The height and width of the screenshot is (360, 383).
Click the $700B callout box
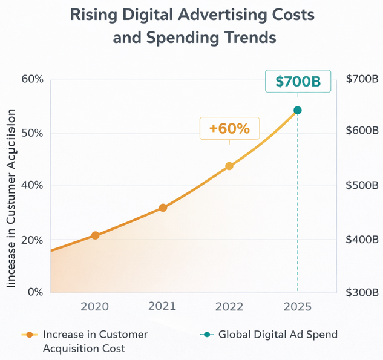click(x=298, y=81)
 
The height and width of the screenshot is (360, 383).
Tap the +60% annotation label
click(x=229, y=129)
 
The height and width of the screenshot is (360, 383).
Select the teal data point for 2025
click(x=297, y=110)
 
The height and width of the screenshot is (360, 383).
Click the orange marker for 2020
click(x=95, y=235)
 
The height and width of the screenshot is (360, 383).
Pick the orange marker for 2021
click(x=163, y=208)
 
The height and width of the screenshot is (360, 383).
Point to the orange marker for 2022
click(x=229, y=166)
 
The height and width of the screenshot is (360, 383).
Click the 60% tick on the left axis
click(x=31, y=79)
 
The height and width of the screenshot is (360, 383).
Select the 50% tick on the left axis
click(x=31, y=133)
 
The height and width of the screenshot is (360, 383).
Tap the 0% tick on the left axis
click(x=34, y=292)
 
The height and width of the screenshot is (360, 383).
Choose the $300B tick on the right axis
click(x=362, y=293)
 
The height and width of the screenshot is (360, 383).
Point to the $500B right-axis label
click(x=362, y=185)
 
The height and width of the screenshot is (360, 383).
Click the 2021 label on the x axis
click(x=162, y=307)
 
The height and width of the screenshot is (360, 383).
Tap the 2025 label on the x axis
click(x=297, y=307)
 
